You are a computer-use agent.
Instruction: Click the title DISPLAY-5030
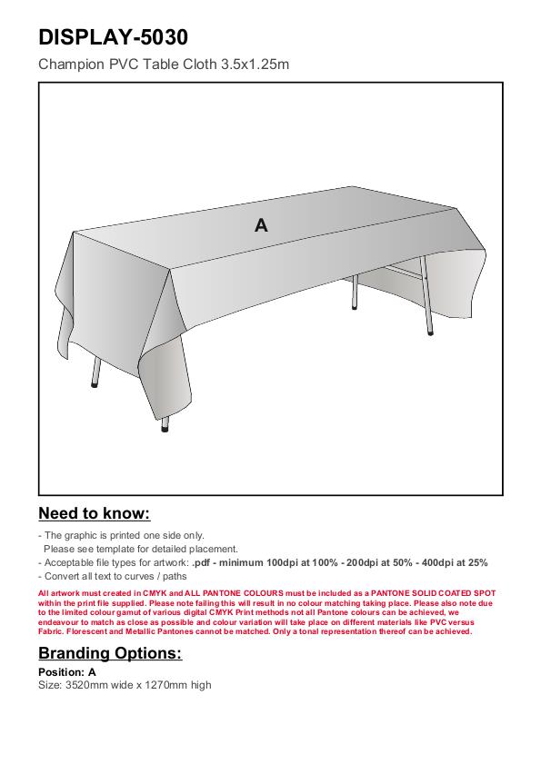point(113,37)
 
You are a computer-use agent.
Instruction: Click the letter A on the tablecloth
point(261,225)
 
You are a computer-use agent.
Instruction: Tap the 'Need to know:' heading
point(95,513)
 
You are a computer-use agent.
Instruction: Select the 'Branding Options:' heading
point(110,653)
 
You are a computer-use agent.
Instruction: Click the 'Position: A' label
point(67,672)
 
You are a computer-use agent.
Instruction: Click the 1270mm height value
point(165,685)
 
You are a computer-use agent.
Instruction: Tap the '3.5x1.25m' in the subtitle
point(255,64)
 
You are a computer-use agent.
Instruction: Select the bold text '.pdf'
point(201,562)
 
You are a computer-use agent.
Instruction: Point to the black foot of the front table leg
point(165,430)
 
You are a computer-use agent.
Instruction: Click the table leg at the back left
point(95,372)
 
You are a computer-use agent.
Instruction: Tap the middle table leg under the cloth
point(355,292)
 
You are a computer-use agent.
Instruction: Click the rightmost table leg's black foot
point(430,332)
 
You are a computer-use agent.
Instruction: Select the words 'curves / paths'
point(156,577)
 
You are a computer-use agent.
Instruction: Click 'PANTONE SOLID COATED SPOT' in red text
point(433,593)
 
